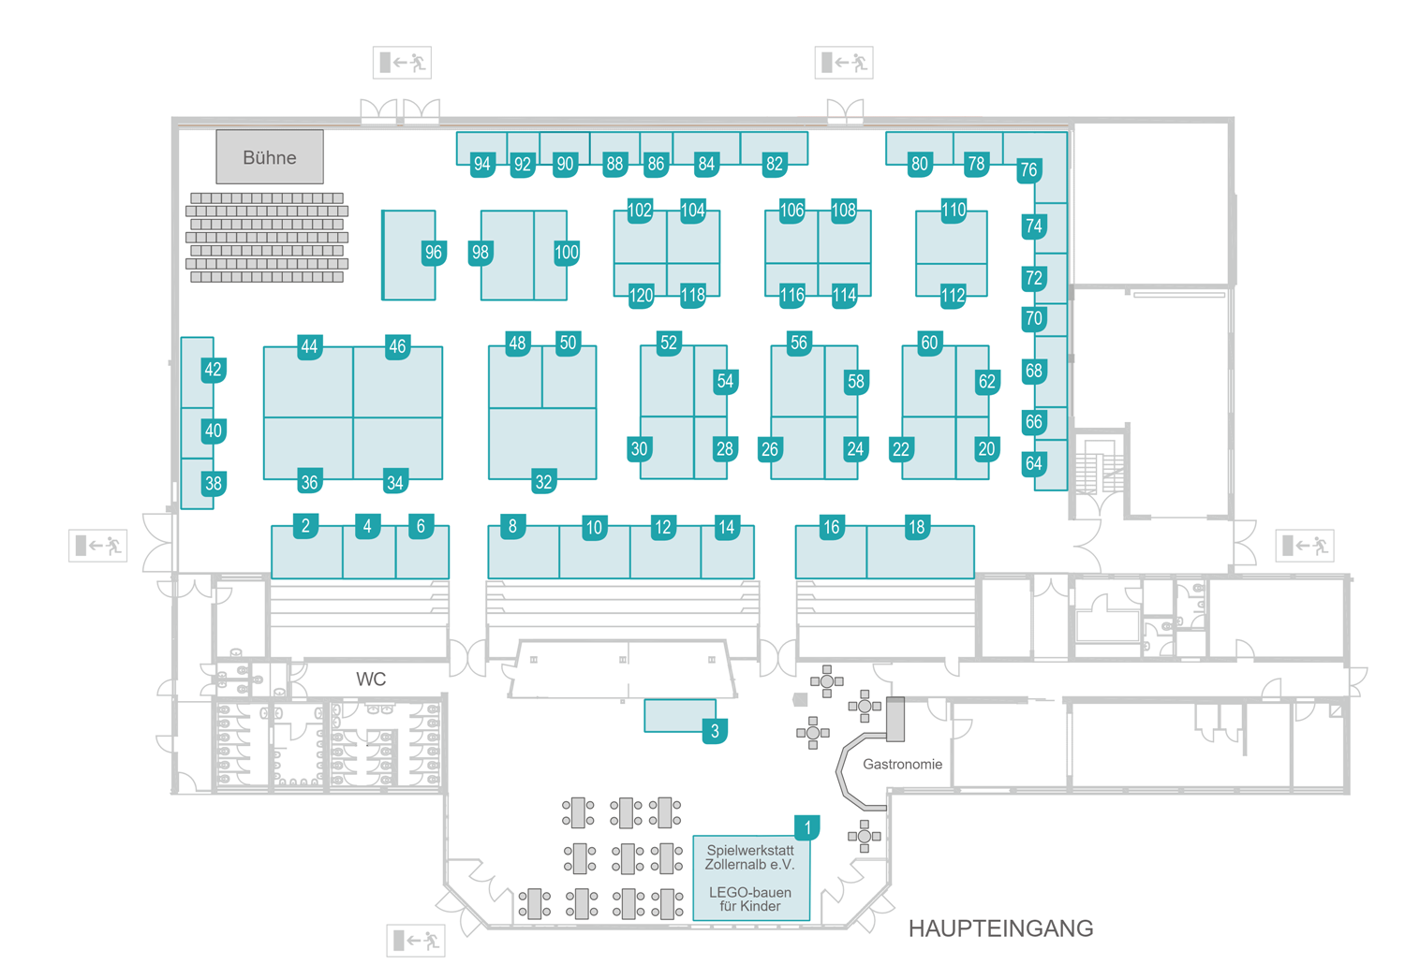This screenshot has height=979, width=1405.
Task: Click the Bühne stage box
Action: (x=270, y=157)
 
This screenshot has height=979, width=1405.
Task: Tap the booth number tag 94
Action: (x=481, y=164)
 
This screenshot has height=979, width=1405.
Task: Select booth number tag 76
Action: (x=1028, y=169)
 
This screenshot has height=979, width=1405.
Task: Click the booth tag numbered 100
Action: (x=567, y=252)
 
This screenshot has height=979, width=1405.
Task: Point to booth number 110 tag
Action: (x=954, y=210)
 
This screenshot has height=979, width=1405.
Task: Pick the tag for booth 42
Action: (x=214, y=370)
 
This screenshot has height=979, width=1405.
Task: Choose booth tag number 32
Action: (x=543, y=482)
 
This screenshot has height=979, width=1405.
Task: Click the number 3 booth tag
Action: (x=715, y=731)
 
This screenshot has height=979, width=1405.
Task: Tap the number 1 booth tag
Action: (x=807, y=827)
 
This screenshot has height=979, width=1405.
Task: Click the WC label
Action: (x=371, y=679)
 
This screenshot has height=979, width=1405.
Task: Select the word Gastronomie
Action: (x=902, y=764)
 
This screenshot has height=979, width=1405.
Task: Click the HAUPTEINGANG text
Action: (x=1000, y=928)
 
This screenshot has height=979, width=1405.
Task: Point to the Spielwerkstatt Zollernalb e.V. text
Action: (x=749, y=857)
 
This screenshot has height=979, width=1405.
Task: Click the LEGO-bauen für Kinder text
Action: (x=749, y=899)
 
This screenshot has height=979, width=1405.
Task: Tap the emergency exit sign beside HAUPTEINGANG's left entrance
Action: (x=415, y=940)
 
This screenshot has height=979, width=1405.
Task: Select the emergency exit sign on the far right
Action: (x=1304, y=545)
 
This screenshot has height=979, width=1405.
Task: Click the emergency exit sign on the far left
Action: (x=97, y=545)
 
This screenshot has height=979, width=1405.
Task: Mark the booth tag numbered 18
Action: (x=917, y=527)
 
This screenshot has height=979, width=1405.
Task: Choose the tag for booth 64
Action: (x=1033, y=463)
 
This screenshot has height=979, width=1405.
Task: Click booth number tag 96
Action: (x=433, y=252)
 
